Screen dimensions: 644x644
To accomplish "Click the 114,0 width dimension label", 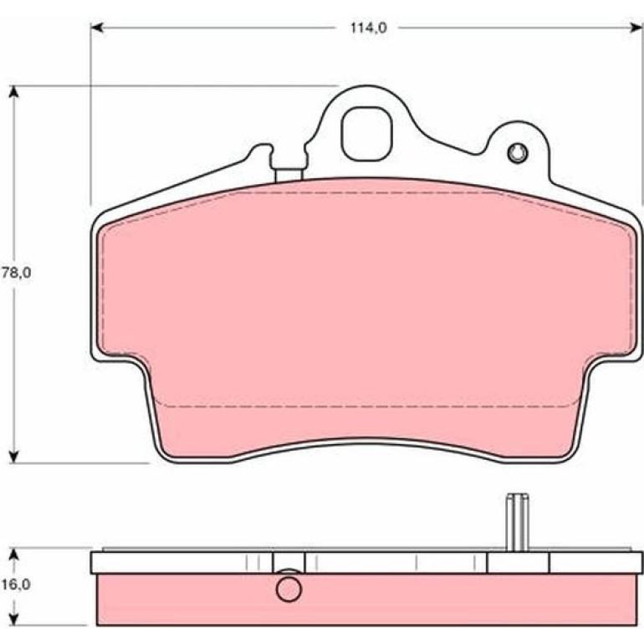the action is pyautogui.click(x=368, y=28).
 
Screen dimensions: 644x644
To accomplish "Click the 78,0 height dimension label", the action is pyautogui.click(x=17, y=273).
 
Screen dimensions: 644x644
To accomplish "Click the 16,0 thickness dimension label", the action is pyautogui.click(x=17, y=585).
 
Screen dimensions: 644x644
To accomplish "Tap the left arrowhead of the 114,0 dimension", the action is pyautogui.click(x=95, y=28).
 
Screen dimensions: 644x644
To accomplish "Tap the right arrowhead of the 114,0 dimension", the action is pyautogui.click(x=636, y=28).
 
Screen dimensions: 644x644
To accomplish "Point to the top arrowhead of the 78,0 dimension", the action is pyautogui.click(x=14, y=91).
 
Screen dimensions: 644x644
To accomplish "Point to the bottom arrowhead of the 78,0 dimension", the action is pyautogui.click(x=14, y=457).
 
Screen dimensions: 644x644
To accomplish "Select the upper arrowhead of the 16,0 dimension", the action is pyautogui.click(x=14, y=555).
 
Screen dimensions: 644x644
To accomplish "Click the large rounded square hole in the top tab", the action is pyautogui.click(x=367, y=134).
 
